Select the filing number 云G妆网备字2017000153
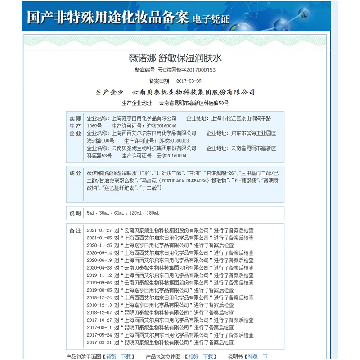(187, 70)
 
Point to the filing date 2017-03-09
(189, 81)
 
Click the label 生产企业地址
(137, 103)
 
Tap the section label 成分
(75, 173)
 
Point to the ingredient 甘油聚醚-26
(221, 173)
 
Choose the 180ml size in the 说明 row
(153, 213)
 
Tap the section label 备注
(75, 230)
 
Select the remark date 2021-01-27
(99, 230)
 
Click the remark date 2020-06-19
(99, 260)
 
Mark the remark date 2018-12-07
(99, 312)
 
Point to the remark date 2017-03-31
(99, 342)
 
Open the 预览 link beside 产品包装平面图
(111, 356)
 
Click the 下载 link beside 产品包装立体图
(208, 356)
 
